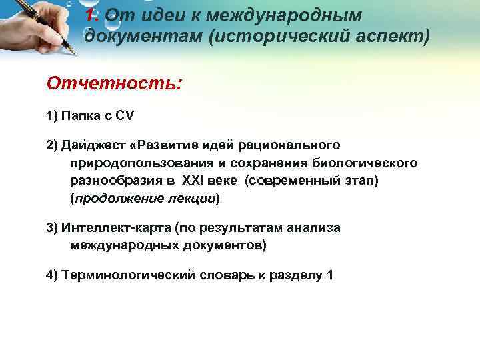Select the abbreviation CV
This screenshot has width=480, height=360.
pos(125,115)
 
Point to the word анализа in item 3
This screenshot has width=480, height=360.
pos(313,228)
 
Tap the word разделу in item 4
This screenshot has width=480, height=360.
pos(293,276)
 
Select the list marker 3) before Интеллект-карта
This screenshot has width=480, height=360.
pos(53,228)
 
